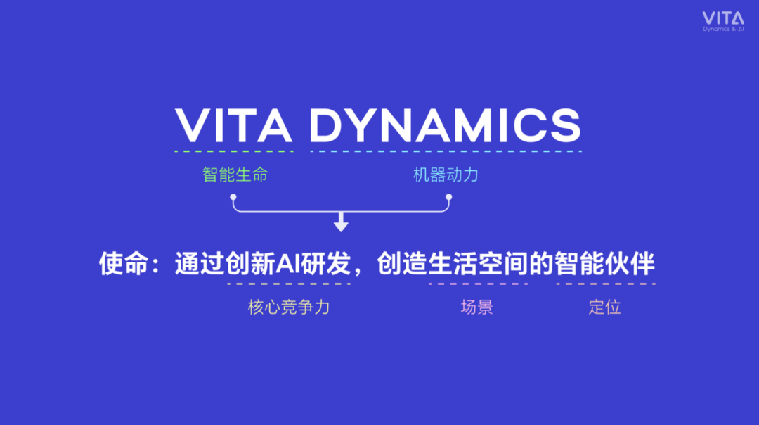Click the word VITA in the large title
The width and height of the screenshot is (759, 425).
(x=233, y=125)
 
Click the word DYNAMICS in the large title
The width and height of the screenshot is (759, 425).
(x=446, y=125)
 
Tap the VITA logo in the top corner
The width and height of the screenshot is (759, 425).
(x=723, y=22)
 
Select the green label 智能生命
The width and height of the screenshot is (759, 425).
(x=235, y=175)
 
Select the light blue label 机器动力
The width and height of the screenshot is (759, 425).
(x=446, y=175)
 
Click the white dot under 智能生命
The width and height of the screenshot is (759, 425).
(x=233, y=197)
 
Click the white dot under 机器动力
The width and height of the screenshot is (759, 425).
(x=448, y=197)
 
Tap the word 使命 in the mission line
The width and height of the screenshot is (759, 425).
(x=124, y=264)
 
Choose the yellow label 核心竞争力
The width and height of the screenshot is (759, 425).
(x=289, y=307)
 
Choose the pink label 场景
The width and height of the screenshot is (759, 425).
(x=476, y=307)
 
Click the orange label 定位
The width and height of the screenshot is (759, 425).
(x=605, y=307)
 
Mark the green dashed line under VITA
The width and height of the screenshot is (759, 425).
(x=234, y=151)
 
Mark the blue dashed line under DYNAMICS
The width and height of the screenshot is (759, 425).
(x=446, y=151)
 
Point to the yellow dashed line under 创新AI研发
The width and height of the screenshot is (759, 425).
(x=289, y=284)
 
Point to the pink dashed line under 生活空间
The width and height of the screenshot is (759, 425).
(x=478, y=284)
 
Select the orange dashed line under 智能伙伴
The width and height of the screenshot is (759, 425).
(x=606, y=284)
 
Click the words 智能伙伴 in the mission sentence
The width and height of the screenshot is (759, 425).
(x=605, y=264)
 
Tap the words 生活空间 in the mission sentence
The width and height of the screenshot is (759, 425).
(x=478, y=264)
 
